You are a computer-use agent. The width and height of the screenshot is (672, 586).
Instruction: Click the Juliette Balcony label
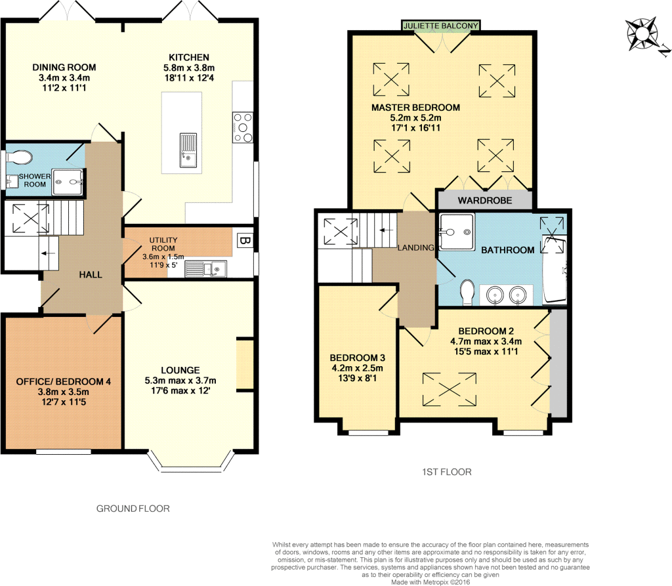point(440,26)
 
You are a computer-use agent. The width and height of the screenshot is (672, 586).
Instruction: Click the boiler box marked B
point(245,240)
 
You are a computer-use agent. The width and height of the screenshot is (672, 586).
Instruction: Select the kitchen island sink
point(188,150)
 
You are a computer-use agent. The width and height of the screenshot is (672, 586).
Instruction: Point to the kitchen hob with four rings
point(243,127)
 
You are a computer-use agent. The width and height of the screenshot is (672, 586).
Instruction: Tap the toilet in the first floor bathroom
point(467,293)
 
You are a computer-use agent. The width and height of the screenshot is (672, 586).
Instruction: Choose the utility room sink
point(205,269)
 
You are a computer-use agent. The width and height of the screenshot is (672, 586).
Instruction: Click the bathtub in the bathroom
point(555,270)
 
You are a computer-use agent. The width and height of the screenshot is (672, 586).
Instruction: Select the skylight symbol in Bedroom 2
point(449,389)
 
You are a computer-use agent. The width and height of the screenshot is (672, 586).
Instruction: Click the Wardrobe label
point(485,200)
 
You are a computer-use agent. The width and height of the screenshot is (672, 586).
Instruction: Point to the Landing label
point(415,248)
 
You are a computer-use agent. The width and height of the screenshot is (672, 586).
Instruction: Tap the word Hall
point(91,274)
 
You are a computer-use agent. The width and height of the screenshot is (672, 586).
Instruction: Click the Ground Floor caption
point(133,509)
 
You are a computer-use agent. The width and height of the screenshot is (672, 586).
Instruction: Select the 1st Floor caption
point(446,472)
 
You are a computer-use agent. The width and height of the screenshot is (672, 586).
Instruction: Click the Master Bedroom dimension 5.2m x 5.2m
point(415,118)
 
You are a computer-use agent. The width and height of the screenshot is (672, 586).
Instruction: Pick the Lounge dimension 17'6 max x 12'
point(180,390)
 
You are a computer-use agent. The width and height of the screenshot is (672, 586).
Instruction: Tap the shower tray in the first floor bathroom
point(457,232)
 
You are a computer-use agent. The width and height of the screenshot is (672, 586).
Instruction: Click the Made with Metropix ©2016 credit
point(430,582)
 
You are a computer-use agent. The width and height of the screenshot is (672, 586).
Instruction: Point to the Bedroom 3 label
point(358,358)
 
